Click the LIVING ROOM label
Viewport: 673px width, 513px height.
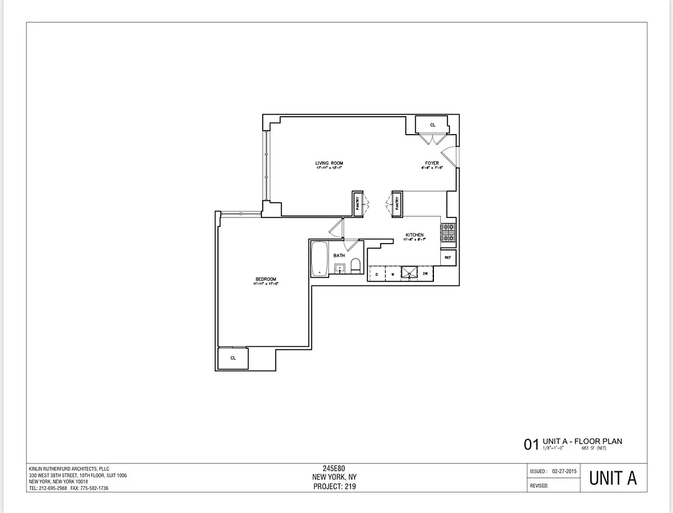point(329,164)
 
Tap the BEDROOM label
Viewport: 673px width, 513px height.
point(265,279)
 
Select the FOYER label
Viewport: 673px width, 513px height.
point(433,164)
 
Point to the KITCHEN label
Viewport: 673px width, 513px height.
point(415,235)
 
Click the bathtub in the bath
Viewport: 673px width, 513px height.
point(319,258)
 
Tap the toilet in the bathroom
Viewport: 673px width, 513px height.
point(356,265)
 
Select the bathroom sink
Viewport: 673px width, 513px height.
point(339,268)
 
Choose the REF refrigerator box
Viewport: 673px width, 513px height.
point(448,258)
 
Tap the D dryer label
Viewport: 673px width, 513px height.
point(377,274)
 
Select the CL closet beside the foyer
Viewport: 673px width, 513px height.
point(433,124)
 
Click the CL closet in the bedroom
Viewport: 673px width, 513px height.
point(233,358)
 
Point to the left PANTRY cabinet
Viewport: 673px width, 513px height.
point(358,203)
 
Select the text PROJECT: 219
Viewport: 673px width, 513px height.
point(334,486)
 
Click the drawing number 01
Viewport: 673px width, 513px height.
point(531,444)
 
